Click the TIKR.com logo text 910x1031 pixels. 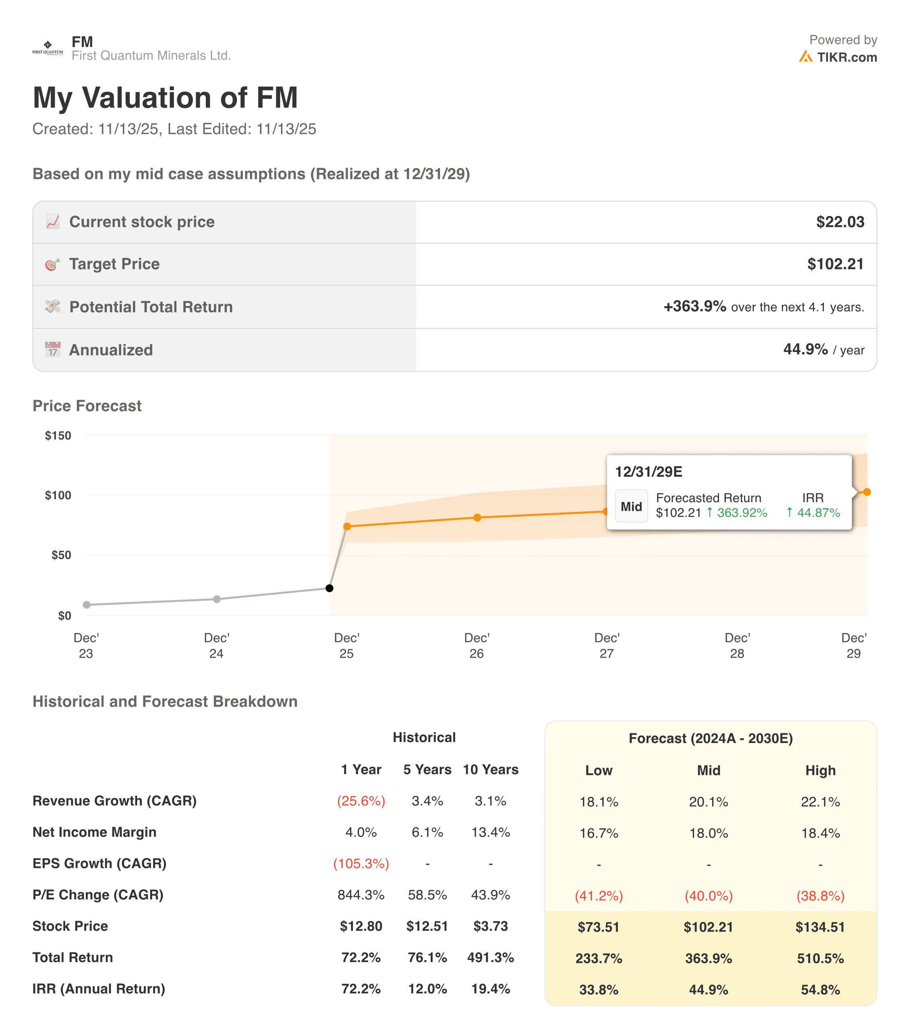click(846, 58)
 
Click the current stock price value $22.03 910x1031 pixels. click(840, 222)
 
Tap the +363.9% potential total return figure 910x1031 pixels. click(694, 306)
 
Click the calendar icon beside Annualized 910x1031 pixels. click(52, 350)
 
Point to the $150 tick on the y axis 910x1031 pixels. click(58, 435)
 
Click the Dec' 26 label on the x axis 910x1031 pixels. click(476, 645)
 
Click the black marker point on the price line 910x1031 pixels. click(330, 588)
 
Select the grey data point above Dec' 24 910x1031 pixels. click(216, 599)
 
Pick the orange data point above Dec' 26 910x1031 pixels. click(477, 518)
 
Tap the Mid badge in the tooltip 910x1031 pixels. click(631, 506)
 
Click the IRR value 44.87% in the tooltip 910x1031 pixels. click(818, 512)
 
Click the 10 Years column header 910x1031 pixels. click(490, 770)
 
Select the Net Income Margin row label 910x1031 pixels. click(94, 832)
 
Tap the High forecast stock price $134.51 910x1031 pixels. click(820, 927)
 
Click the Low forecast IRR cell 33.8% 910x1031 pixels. click(598, 990)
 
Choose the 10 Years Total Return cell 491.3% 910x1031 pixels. click(490, 957)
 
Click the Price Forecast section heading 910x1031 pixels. click(87, 406)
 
